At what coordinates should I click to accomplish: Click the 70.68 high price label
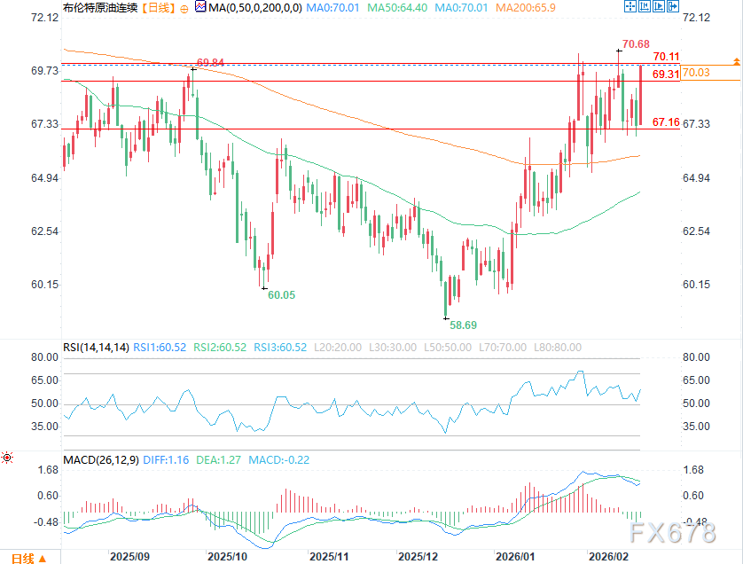[x=636, y=43]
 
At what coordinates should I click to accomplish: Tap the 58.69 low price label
[x=463, y=325]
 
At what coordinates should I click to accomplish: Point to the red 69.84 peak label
[x=211, y=62]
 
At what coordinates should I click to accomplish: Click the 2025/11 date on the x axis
[x=330, y=557]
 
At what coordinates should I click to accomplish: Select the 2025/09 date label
[x=129, y=557]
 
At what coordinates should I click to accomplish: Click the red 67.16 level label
[x=666, y=121]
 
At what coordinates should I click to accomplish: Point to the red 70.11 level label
[x=666, y=56]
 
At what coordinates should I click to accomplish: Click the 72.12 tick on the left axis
[x=43, y=18]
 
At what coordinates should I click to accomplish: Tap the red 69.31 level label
[x=666, y=74]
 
